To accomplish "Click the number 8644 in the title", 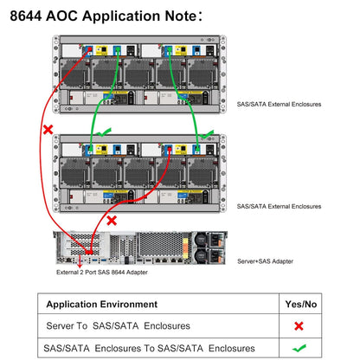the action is [x=26, y=16].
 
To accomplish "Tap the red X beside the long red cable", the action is [x=48, y=130].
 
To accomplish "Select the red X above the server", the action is [x=112, y=221].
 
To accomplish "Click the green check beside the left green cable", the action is [x=104, y=132].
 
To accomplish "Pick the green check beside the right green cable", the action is [x=207, y=134].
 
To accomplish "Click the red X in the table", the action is [x=299, y=326].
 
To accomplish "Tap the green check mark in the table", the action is [x=299, y=348].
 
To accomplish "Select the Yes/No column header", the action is [x=301, y=304].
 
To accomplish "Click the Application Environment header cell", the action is [x=102, y=304].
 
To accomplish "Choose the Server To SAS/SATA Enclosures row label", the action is [x=118, y=326].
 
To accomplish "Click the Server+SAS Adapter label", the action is [x=265, y=261].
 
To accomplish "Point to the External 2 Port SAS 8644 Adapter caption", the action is [x=102, y=273].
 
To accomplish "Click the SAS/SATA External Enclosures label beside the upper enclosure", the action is [x=279, y=104].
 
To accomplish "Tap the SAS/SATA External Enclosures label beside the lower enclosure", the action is [x=279, y=206].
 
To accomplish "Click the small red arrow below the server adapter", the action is [x=80, y=261].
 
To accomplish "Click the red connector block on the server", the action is [x=89, y=253].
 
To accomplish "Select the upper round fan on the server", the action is [x=201, y=239].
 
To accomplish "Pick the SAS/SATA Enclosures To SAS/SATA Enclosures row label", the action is [x=149, y=348].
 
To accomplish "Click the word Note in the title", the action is [x=181, y=16].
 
